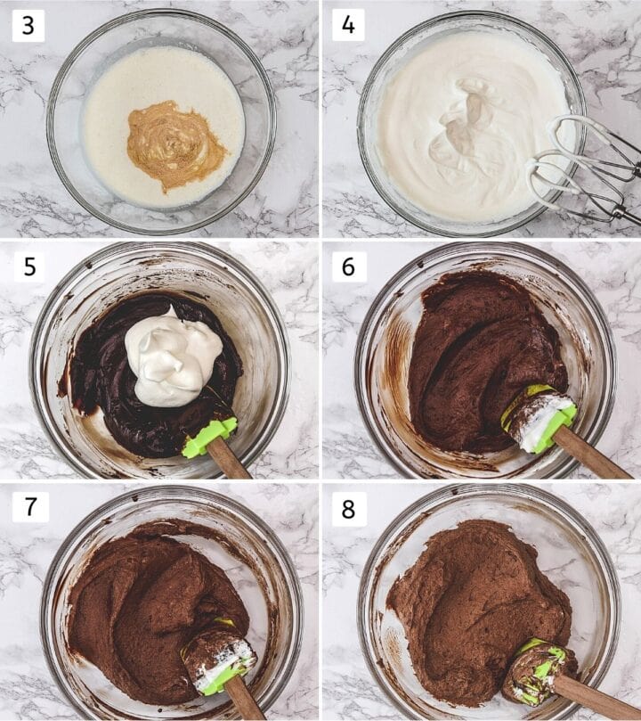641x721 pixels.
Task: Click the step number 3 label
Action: click(28, 25)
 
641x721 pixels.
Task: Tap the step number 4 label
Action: click(348, 25)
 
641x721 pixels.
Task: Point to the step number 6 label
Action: click(348, 266)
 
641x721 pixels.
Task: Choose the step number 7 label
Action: click(30, 507)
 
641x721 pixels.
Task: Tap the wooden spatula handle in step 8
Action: click(596, 696)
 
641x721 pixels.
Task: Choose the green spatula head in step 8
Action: click(539, 667)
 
